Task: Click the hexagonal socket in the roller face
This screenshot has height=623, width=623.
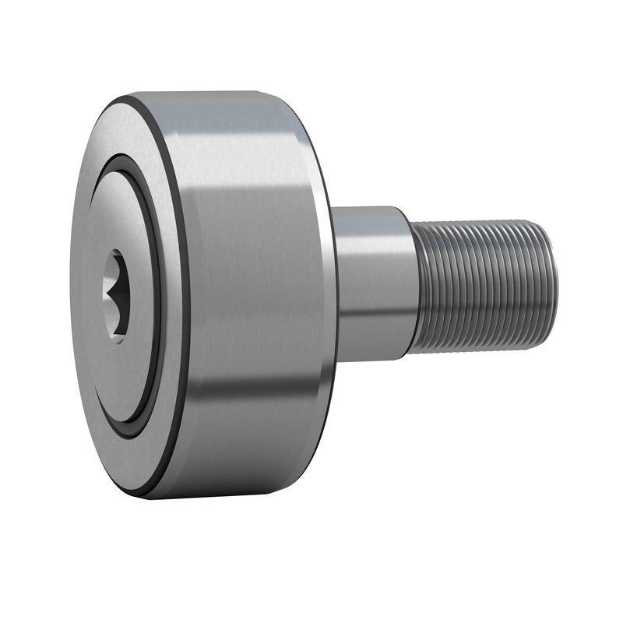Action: pyautogui.click(x=116, y=295)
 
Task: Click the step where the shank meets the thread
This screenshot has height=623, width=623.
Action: pyautogui.click(x=411, y=284)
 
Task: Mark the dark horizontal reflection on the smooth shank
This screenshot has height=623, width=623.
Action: pyautogui.click(x=372, y=311)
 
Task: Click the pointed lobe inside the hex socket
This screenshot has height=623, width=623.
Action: pyautogui.click(x=125, y=294)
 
